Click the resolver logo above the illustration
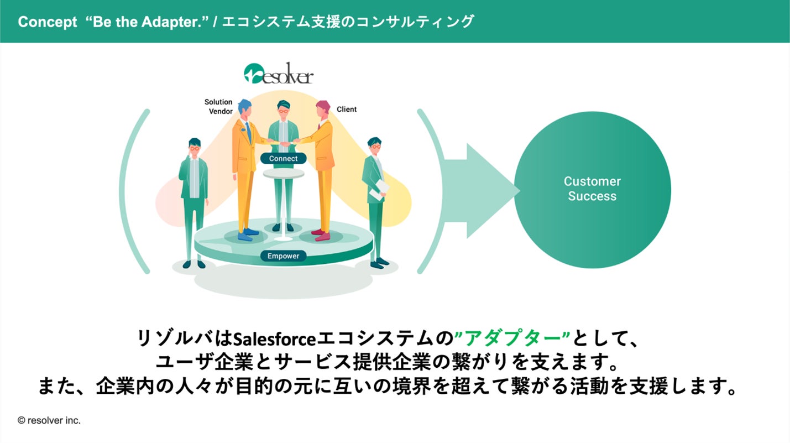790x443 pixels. (278, 74)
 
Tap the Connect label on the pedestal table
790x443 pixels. (283, 159)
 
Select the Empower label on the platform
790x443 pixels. (283, 256)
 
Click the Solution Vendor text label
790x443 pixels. (219, 107)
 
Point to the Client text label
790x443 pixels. (347, 110)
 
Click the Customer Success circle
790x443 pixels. (592, 189)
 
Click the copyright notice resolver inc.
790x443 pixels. (49, 420)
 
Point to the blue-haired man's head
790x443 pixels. (245, 108)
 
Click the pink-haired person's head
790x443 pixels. (322, 108)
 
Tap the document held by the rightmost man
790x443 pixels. (379, 190)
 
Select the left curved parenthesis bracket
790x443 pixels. (134, 191)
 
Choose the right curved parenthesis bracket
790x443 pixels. (432, 191)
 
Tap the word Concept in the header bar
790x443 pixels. (48, 22)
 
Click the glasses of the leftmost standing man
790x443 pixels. (194, 148)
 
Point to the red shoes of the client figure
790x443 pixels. (320, 234)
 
